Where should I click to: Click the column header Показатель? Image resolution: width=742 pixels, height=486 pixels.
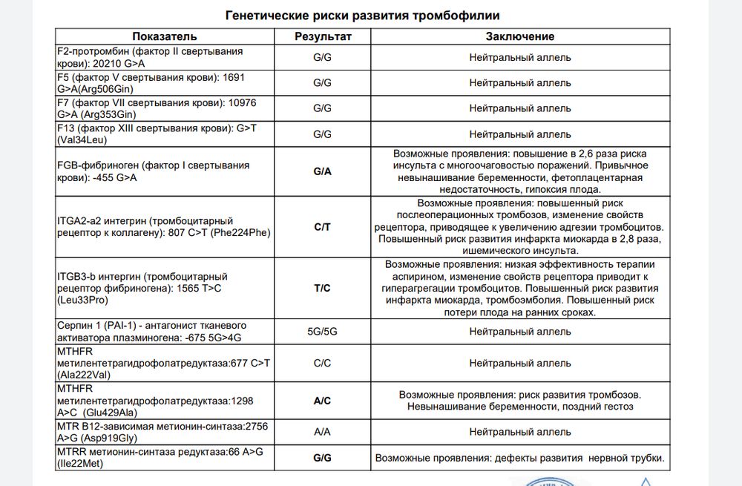point(165,36)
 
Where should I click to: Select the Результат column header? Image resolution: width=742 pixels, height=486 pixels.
point(322,36)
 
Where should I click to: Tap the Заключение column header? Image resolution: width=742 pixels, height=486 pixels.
point(520,36)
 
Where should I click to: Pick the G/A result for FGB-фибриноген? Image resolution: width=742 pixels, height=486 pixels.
point(322,171)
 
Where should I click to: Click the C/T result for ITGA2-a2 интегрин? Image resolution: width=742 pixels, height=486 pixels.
point(322,228)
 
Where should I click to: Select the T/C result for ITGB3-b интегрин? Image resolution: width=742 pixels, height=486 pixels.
point(322,288)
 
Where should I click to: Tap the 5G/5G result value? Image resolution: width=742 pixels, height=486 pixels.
point(322,332)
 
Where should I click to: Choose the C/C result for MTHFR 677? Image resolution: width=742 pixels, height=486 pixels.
point(322,364)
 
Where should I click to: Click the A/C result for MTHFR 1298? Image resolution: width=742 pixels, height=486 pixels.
point(322,401)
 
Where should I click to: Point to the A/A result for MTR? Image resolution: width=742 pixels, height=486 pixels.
point(322,432)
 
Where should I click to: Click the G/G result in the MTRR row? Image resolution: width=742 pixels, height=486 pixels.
point(322,458)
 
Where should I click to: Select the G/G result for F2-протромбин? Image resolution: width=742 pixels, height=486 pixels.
point(322,57)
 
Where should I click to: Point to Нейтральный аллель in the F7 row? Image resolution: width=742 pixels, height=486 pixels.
point(520,108)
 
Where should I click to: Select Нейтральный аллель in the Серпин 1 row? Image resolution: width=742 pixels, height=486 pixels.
point(520,332)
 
